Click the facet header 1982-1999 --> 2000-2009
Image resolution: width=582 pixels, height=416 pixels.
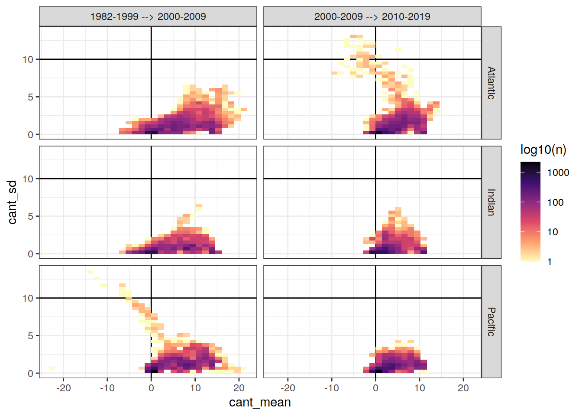coord(148,17)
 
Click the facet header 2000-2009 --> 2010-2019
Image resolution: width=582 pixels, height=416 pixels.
coord(372,17)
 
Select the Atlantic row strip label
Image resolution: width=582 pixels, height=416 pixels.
coord(491,83)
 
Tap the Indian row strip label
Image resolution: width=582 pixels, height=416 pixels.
coord(491,202)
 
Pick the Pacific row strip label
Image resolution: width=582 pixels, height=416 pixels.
coord(491,322)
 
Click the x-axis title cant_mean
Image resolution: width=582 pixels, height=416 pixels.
coord(260,403)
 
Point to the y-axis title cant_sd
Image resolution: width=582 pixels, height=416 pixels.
coord(13,202)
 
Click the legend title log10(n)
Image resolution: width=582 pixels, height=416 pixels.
coord(543,150)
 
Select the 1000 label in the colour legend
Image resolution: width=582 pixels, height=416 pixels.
coord(558,173)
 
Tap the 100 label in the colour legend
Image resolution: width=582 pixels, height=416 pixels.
coord(555,202)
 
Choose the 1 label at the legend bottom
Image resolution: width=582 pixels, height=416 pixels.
coord(550,262)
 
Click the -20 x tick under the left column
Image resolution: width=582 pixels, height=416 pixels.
coord(63,388)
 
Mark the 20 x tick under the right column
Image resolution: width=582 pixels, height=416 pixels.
coord(463,388)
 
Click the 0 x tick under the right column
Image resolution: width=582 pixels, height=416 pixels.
coord(375,388)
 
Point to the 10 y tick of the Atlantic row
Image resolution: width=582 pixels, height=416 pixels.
coord(28,59)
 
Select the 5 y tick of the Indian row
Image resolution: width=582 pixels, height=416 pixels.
coord(30,216)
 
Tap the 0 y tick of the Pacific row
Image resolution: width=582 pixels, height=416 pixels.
coord(30,374)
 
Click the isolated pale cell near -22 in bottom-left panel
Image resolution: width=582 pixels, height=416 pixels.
coord(52,368)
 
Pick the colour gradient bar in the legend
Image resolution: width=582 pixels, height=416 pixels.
coord(530,212)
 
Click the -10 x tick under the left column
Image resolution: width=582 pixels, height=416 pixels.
coord(107,388)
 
